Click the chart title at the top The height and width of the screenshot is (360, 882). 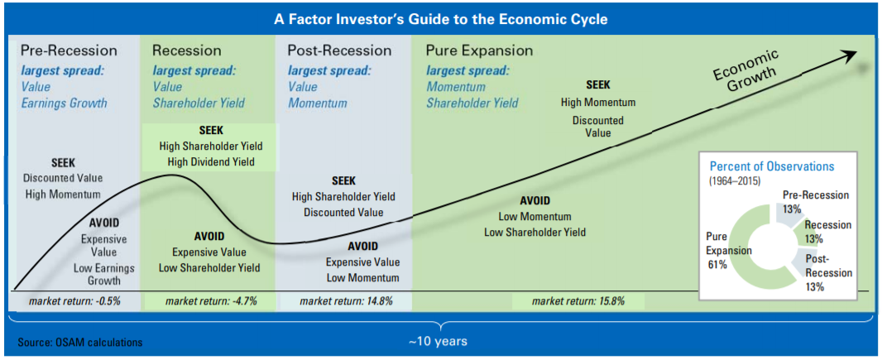pyautogui.click(x=440, y=19)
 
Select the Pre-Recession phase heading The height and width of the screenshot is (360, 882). pyautogui.click(x=70, y=50)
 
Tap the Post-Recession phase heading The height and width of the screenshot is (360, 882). pyautogui.click(x=340, y=50)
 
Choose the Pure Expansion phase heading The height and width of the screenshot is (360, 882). pyautogui.click(x=479, y=50)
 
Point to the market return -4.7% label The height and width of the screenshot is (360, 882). pyautogui.click(x=211, y=301)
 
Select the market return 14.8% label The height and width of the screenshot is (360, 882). pyautogui.click(x=346, y=301)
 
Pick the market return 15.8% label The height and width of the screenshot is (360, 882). pyautogui.click(x=579, y=301)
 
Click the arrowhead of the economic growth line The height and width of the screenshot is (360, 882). pyautogui.click(x=848, y=55)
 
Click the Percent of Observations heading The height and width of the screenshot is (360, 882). pyautogui.click(x=772, y=167)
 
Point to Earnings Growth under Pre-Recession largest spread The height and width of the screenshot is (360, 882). pyautogui.click(x=64, y=103)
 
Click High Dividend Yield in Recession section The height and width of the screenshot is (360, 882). pyautogui.click(x=207, y=162)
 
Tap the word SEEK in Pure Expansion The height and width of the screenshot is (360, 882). pyautogui.click(x=598, y=85)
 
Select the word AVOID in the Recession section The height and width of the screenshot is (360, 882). pyautogui.click(x=209, y=236)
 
